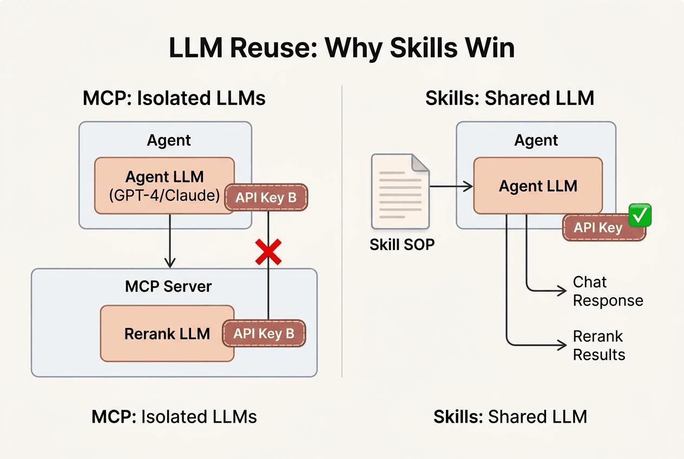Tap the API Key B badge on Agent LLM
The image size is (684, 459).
[266, 198]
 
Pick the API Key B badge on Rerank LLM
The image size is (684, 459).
[264, 334]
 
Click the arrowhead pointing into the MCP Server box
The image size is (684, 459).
[170, 264]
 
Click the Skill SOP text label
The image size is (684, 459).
[402, 245]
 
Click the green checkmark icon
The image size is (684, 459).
[640, 215]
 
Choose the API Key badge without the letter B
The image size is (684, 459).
[598, 228]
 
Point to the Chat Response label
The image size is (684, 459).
[608, 291]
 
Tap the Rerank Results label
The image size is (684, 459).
[598, 345]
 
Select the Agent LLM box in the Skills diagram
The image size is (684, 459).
[538, 186]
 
